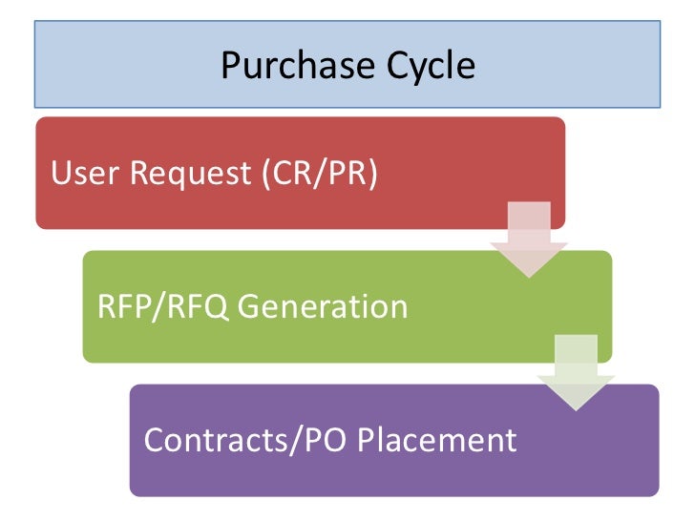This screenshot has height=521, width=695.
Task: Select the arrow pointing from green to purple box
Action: click(x=575, y=373)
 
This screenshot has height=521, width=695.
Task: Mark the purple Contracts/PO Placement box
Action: click(x=573, y=468)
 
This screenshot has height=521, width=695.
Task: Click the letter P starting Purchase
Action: click(x=229, y=66)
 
